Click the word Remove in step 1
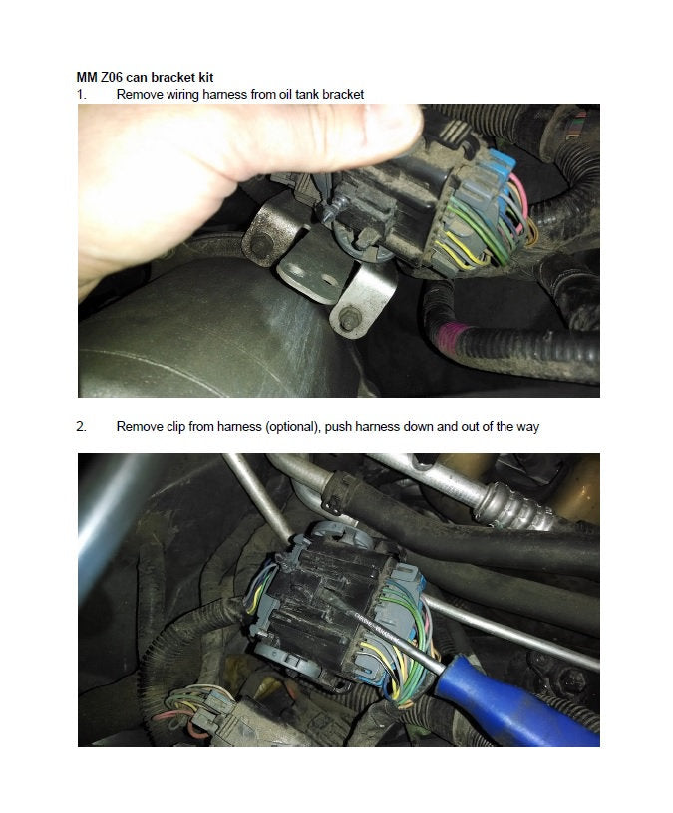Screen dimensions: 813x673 [138, 94]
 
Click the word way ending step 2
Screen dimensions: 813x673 [525, 427]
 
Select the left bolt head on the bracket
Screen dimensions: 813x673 [260, 245]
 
